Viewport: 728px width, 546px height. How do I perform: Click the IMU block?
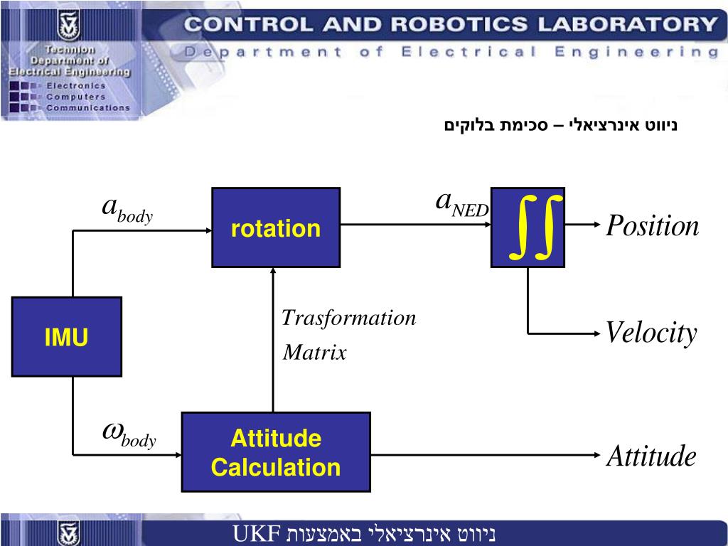66,337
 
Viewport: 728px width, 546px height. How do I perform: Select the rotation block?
276,227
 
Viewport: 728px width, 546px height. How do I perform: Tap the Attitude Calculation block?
276,452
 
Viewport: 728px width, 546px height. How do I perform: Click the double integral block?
528,227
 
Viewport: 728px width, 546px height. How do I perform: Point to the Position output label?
652,227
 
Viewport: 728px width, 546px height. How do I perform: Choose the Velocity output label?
651,333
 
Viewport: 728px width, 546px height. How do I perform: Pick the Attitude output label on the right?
651,456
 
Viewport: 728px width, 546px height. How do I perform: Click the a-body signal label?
127,209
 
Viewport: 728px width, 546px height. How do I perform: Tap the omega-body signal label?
129,435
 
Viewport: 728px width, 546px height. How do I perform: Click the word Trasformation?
348,318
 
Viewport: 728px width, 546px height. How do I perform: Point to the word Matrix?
314,353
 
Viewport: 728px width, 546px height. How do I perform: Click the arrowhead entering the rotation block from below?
274,273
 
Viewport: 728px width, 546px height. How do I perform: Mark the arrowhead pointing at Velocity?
595,333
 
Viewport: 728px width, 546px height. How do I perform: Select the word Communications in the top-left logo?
88,108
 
